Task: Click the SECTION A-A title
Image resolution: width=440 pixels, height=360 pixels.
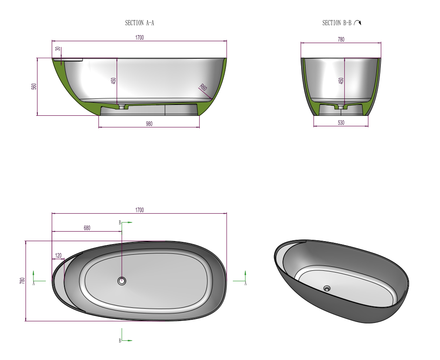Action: [139, 23]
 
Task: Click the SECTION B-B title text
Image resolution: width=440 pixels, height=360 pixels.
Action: [336, 23]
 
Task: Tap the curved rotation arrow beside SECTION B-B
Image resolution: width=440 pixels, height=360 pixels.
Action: [357, 23]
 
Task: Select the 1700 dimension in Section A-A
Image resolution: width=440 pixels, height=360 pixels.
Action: [139, 38]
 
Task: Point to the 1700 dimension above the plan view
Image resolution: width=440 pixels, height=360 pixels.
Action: [139, 210]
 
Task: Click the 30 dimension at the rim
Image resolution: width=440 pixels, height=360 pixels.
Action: [57, 49]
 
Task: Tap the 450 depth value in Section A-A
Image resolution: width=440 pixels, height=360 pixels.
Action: [114, 81]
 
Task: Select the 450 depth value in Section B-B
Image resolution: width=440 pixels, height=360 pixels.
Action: [341, 81]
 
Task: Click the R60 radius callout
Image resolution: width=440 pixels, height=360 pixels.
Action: [203, 87]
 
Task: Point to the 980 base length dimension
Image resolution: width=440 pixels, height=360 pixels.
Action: [149, 124]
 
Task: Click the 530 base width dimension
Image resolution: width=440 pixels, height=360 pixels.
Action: [341, 123]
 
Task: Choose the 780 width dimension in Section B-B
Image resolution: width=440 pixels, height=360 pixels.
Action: [341, 40]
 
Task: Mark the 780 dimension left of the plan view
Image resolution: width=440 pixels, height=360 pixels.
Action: [22, 281]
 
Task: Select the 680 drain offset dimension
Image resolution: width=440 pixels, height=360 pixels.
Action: [87, 228]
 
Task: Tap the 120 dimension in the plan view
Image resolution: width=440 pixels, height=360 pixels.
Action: [58, 255]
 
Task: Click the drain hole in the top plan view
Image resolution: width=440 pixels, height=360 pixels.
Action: [122, 281]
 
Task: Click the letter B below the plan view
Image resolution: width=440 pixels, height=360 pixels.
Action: [120, 340]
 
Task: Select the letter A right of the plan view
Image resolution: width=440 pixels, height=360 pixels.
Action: [245, 283]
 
